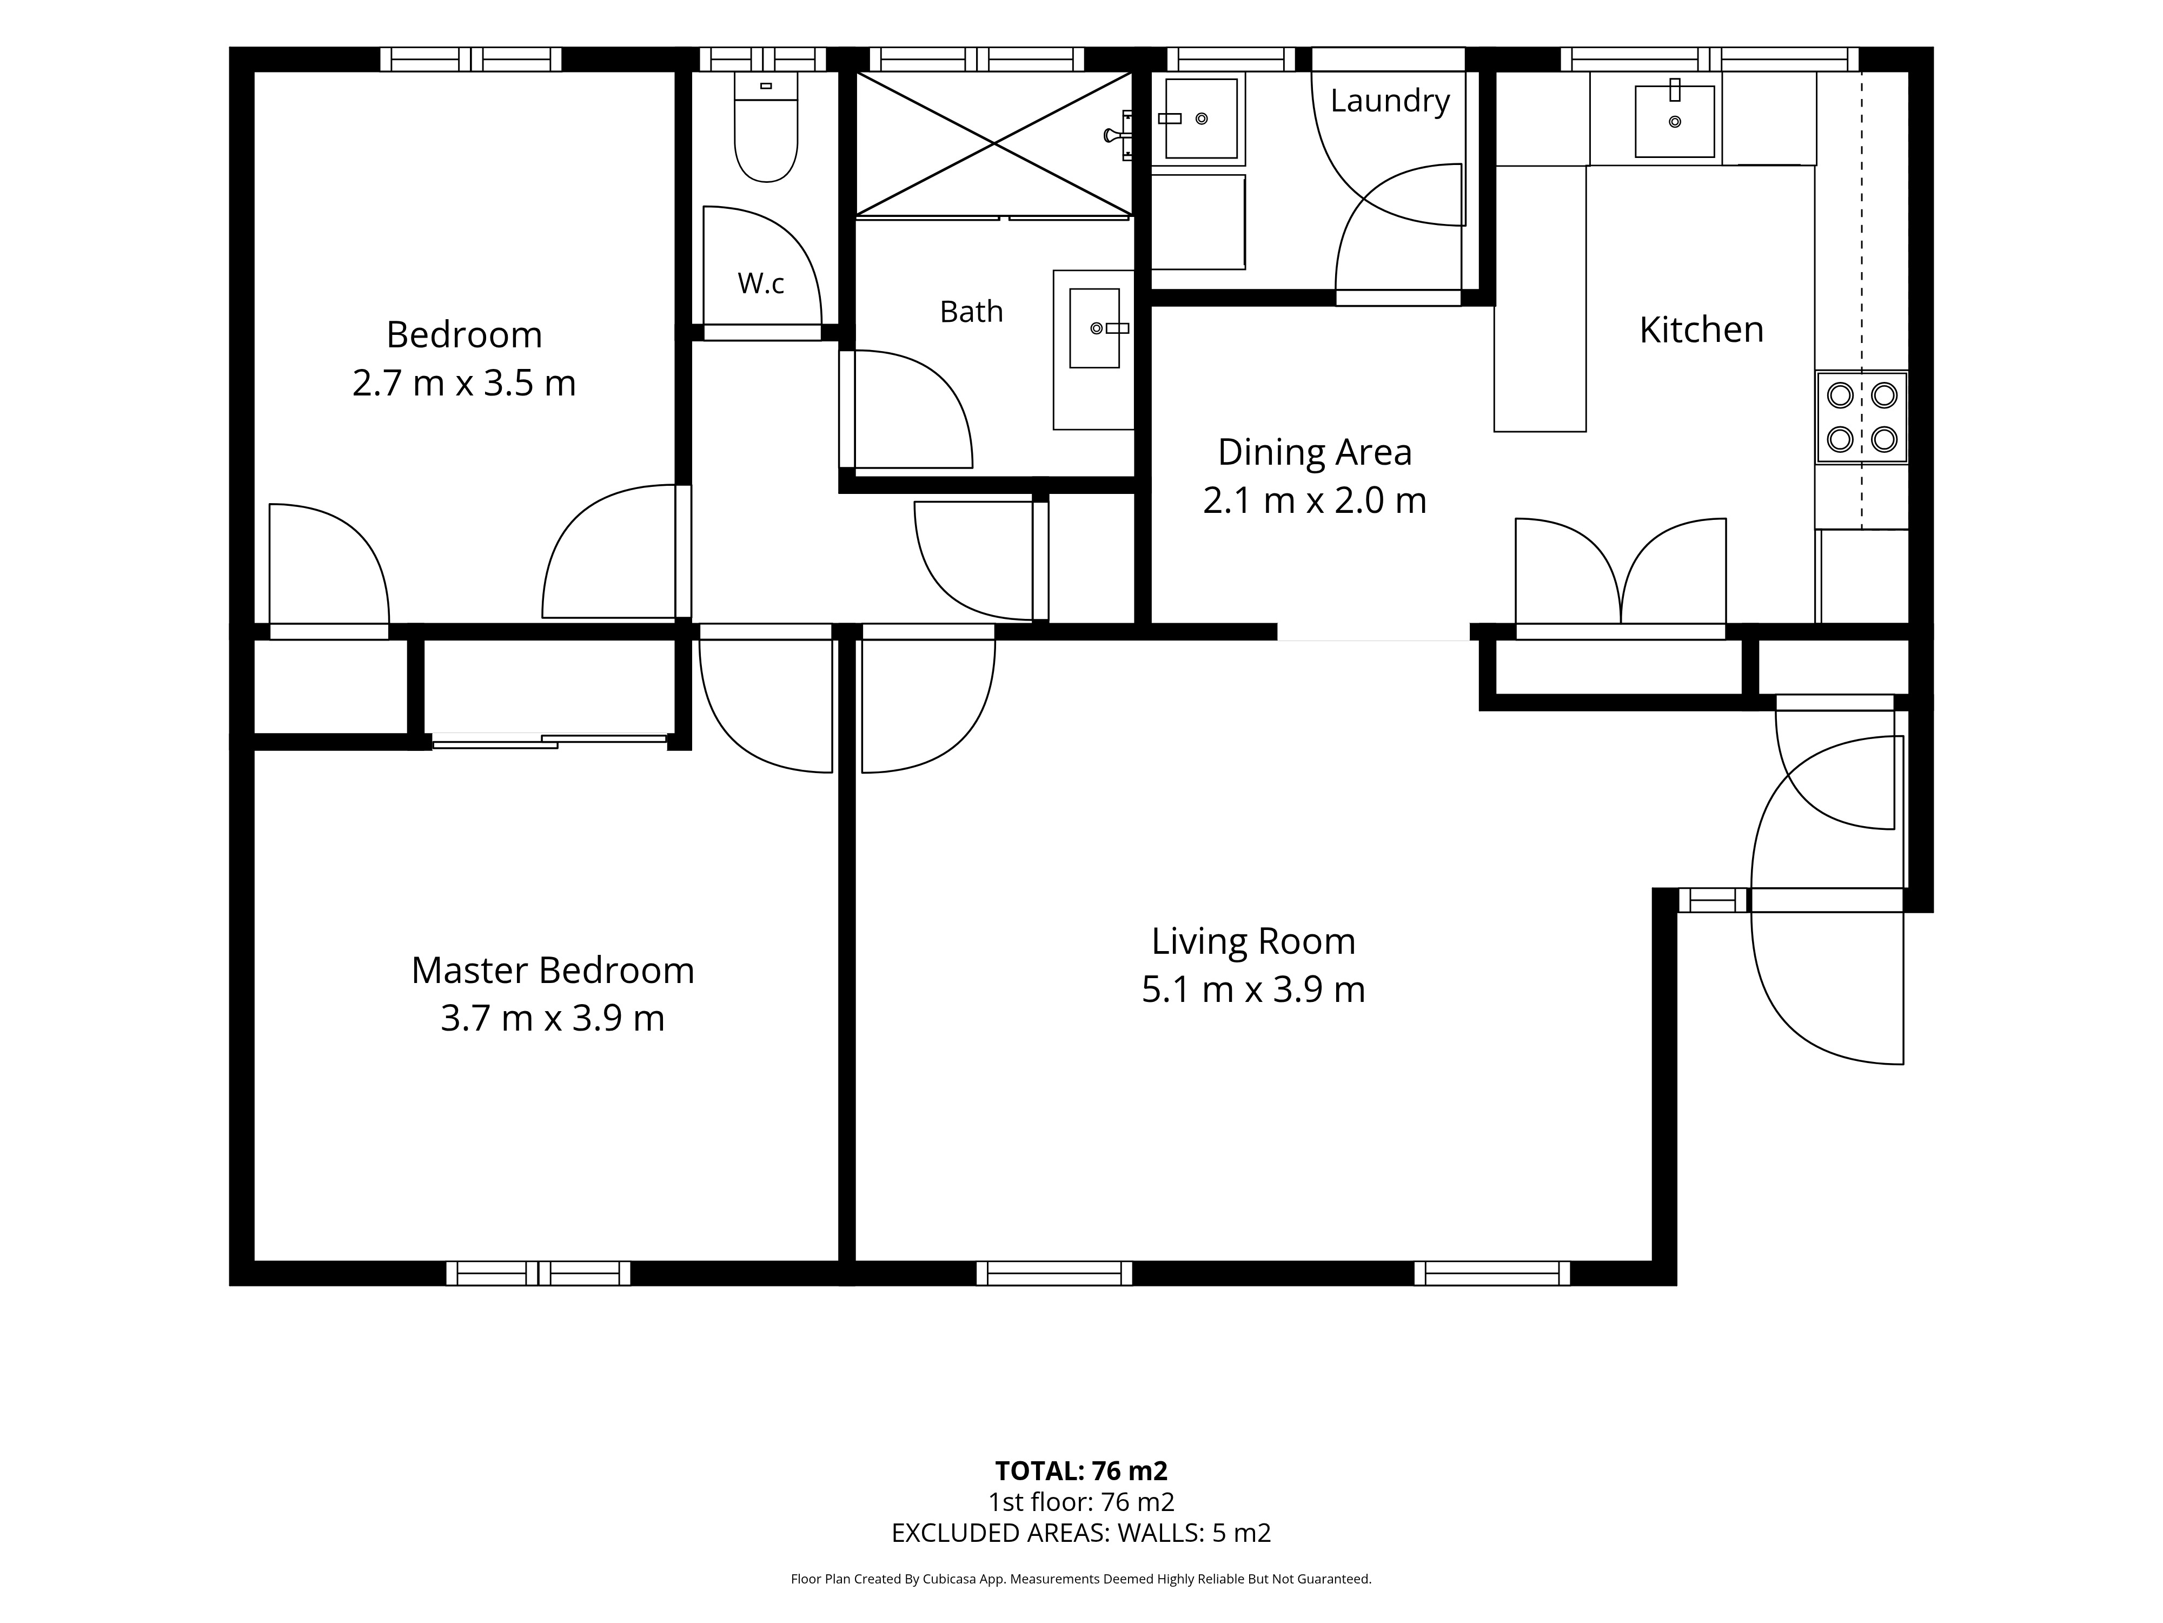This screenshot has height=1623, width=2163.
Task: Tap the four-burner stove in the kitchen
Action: click(x=1862, y=417)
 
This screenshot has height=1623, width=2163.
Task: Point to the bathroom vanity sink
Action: click(x=1094, y=328)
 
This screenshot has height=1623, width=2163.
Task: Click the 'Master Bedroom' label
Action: click(x=553, y=971)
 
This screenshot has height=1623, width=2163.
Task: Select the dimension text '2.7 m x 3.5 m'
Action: click(x=465, y=382)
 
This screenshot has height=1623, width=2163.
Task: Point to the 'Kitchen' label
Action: click(x=1701, y=329)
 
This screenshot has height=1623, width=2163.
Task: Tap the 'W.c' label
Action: click(x=761, y=283)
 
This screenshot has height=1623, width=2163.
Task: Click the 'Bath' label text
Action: click(x=971, y=311)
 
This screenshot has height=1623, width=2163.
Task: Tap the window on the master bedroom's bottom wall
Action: click(x=539, y=1273)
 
